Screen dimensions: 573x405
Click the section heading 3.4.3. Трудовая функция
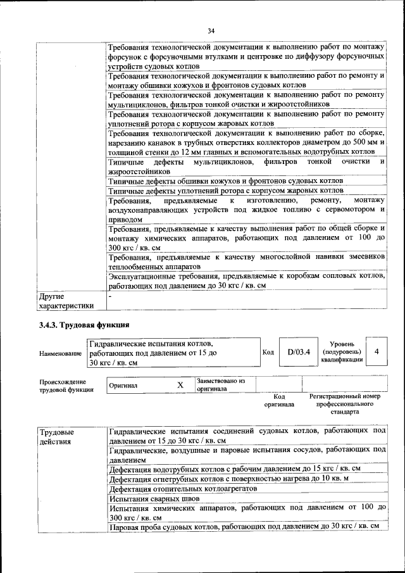click(x=84, y=325)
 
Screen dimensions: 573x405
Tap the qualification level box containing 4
click(x=376, y=351)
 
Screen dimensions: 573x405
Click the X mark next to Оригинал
click(x=180, y=385)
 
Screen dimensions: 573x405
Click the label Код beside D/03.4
click(x=267, y=352)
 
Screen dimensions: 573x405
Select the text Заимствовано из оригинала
click(x=220, y=385)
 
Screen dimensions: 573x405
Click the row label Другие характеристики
click(x=66, y=301)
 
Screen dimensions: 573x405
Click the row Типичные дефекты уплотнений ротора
click(x=225, y=190)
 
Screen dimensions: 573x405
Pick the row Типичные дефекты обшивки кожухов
click(x=225, y=180)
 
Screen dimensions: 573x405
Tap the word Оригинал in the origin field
click(x=123, y=385)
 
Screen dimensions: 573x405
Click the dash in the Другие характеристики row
click(x=110, y=296)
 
